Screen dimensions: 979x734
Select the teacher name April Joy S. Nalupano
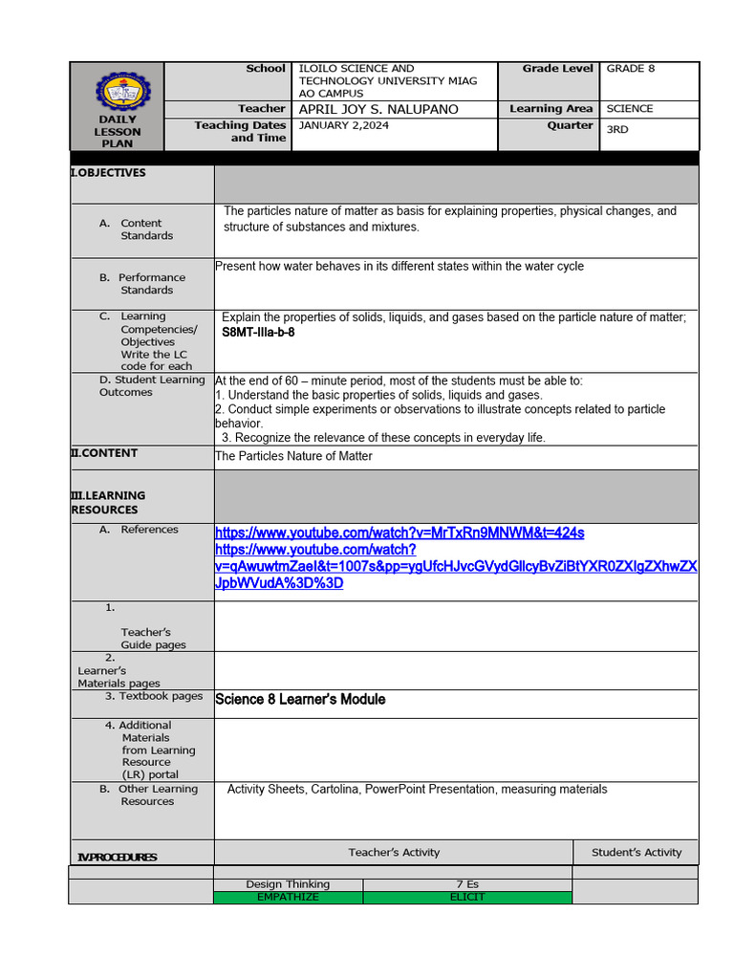point(378,109)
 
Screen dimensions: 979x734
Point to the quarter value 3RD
point(617,129)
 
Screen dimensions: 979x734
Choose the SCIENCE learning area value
point(630,109)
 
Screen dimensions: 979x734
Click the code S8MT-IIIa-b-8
point(258,333)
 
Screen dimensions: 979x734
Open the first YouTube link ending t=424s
point(399,533)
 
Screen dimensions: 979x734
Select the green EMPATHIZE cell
point(288,897)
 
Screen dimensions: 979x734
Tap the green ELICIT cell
point(467,897)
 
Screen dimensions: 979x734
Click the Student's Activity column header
point(637,852)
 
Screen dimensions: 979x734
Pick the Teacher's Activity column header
point(394,852)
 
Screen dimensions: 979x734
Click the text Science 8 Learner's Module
point(300,700)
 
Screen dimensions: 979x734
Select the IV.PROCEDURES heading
point(117,858)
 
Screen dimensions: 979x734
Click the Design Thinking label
point(288,884)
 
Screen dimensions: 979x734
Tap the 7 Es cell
point(467,884)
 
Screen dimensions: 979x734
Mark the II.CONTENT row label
point(105,453)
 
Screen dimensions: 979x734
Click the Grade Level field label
point(557,69)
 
